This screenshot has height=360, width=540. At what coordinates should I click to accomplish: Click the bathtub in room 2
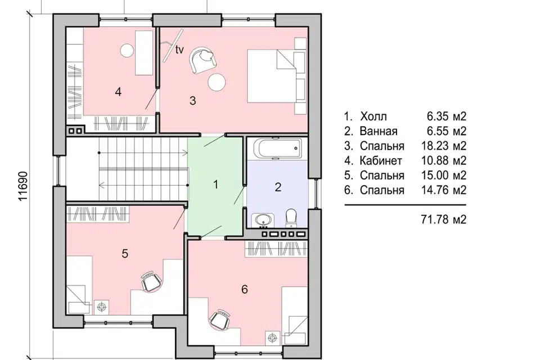[x=277, y=148]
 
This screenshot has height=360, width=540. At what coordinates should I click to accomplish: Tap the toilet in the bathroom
[x=291, y=217]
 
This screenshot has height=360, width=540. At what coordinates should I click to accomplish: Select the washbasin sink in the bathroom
[x=263, y=220]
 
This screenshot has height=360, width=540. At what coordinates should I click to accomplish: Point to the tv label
[x=179, y=50]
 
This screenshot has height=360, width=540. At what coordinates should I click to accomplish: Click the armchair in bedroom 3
[x=203, y=60]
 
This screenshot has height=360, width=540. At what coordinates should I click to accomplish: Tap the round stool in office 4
[x=127, y=51]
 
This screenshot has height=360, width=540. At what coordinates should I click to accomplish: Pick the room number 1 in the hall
[x=216, y=184]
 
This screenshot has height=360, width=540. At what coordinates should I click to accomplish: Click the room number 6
[x=245, y=289]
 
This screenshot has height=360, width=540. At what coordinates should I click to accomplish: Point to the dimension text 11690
[x=22, y=186]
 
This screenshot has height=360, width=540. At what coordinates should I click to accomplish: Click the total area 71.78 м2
[x=444, y=219]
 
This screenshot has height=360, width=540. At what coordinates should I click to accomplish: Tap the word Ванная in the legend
[x=379, y=131]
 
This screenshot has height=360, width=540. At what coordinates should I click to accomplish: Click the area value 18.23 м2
[x=444, y=146]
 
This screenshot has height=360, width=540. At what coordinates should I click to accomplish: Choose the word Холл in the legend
[x=373, y=116]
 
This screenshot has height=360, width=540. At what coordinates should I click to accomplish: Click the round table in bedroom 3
[x=217, y=82]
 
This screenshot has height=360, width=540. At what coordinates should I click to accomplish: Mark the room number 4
[x=118, y=92]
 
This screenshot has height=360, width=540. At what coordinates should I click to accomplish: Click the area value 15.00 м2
[x=444, y=175]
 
